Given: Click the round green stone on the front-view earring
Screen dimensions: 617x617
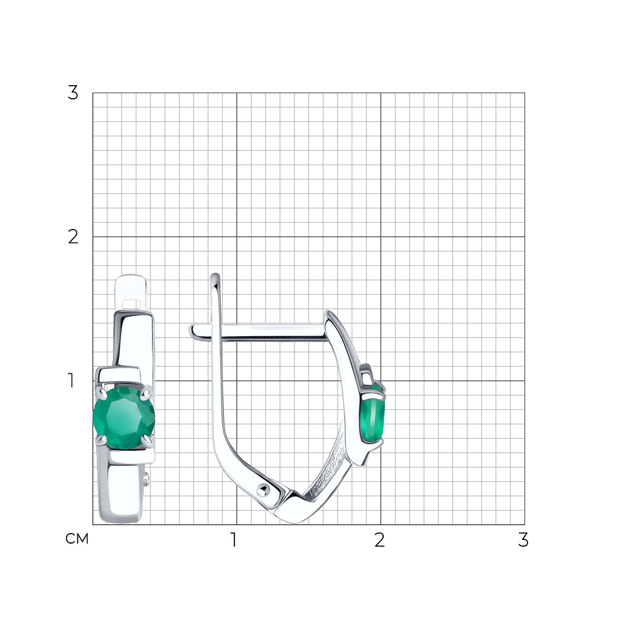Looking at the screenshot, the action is click(x=124, y=418).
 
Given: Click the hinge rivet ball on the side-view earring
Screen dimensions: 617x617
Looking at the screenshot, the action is click(x=263, y=490).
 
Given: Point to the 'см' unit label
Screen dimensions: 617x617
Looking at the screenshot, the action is click(x=77, y=539).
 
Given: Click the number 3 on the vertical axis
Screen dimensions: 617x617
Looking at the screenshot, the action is click(x=73, y=93).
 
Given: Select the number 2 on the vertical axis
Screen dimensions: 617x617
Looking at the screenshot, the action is click(x=73, y=237).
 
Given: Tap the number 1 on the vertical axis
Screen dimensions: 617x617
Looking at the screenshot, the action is click(x=71, y=381).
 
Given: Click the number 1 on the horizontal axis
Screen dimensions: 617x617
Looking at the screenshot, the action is click(x=234, y=540).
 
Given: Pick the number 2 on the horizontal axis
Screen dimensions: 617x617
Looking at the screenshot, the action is click(x=379, y=540).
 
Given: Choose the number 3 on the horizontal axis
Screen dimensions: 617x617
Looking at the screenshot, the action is click(x=523, y=540).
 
